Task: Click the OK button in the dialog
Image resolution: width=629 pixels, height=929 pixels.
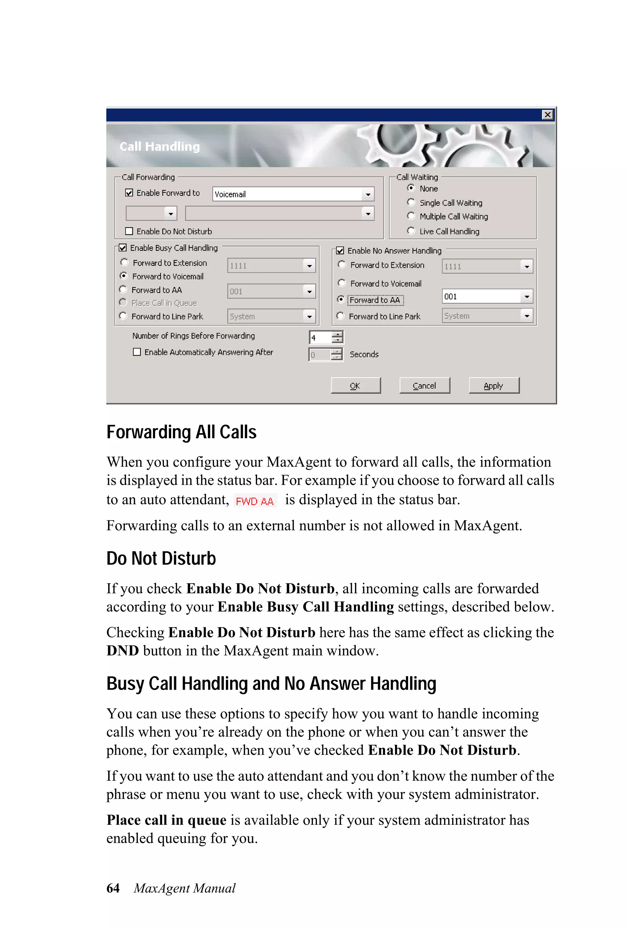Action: pos(355,385)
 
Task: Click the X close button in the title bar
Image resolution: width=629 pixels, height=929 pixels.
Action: pos(547,115)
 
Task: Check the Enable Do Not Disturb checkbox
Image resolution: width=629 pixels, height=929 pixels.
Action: pos(129,231)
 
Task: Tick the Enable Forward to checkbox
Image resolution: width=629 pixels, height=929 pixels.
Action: pos(129,193)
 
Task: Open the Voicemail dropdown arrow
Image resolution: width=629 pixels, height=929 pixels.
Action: pos(368,194)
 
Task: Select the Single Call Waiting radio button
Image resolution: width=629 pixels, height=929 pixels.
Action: pos(411,202)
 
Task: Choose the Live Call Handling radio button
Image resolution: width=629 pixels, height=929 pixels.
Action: pos(411,231)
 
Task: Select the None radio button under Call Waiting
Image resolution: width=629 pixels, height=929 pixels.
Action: pos(411,188)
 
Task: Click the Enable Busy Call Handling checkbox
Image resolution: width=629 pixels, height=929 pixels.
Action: pos(123,248)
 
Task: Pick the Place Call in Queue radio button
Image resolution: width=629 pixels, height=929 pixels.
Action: pos(123,302)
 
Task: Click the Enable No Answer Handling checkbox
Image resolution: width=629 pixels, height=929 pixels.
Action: pos(340,251)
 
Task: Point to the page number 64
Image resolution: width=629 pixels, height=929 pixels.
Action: pos(113,888)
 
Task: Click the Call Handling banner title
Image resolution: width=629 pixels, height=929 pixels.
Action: pos(160,147)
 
